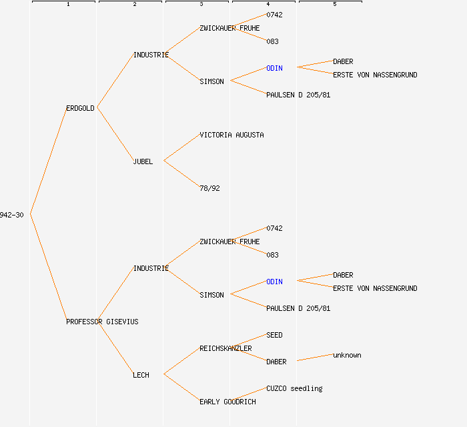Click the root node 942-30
12,215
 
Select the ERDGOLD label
80,108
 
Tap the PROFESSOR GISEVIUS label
102,322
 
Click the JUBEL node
143,161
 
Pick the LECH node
141,375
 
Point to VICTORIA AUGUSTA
231,135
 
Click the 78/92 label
209,188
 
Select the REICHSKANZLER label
225,348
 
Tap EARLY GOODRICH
227,402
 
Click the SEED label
274,335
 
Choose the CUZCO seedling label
294,388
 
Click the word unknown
347,355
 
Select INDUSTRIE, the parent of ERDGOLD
151,55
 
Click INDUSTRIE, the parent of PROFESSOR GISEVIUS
151,268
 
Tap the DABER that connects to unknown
276,362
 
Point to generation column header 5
334,4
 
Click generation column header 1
67,4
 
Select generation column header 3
201,4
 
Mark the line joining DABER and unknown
315,358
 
